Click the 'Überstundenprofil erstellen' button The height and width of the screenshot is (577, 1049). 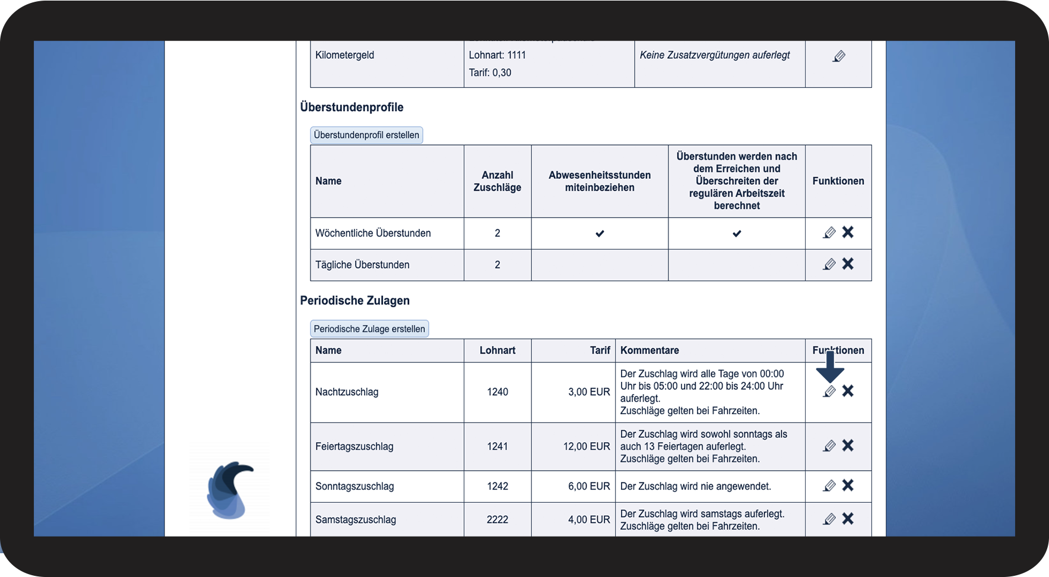click(x=366, y=135)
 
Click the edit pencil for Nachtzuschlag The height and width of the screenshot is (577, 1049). click(x=829, y=392)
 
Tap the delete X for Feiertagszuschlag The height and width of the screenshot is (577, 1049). click(x=848, y=446)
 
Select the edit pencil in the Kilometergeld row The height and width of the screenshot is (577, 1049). click(x=839, y=56)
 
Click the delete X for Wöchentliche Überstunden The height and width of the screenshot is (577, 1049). click(x=848, y=232)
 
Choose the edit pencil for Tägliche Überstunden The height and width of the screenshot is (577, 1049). click(x=829, y=264)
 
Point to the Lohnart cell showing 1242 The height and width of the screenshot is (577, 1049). click(x=497, y=486)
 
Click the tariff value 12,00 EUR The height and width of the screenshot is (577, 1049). click(x=587, y=446)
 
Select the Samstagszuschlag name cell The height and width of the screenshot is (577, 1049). click(x=356, y=519)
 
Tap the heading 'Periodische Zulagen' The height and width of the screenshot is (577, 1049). click(x=355, y=301)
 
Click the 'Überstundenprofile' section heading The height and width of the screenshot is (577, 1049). click(x=351, y=108)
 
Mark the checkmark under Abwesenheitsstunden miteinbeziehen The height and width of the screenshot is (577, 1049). click(x=600, y=234)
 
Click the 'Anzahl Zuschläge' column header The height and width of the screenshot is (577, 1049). click(x=497, y=181)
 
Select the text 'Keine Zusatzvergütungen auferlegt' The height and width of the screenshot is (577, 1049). click(x=715, y=55)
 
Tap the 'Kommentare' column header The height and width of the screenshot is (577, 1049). click(x=649, y=351)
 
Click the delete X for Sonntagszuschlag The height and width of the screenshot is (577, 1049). click(x=848, y=485)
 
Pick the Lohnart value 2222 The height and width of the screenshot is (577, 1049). click(x=497, y=519)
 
